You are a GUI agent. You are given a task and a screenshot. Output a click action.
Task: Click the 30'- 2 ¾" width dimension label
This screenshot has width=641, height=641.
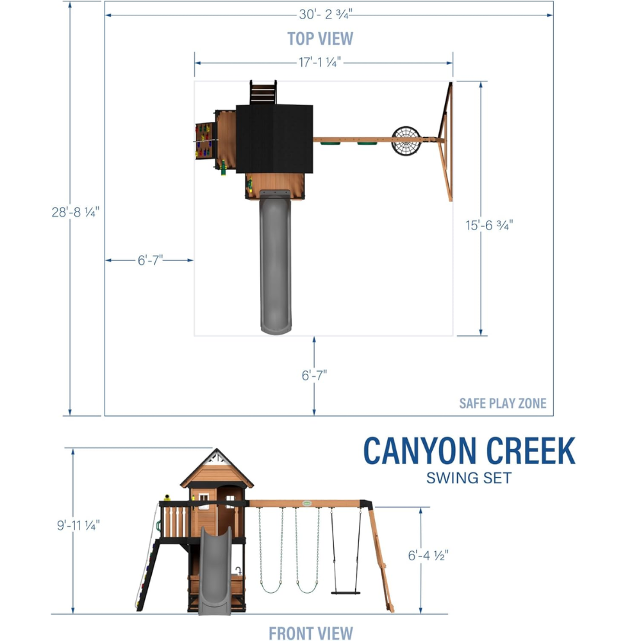(326, 14)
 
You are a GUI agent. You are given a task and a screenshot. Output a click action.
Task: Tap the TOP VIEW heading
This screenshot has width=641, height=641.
(320, 39)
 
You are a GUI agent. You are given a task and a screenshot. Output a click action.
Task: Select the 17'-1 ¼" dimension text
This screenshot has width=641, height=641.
(320, 62)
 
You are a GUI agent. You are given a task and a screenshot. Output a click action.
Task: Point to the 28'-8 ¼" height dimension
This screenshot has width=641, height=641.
(76, 212)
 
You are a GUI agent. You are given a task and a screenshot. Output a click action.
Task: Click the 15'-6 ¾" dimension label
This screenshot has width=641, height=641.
(489, 225)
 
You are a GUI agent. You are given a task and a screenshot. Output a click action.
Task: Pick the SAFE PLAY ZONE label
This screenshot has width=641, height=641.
(503, 403)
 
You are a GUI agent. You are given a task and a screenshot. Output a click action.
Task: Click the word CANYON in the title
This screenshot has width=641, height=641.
(420, 451)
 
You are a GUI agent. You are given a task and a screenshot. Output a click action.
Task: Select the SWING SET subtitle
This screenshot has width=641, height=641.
(469, 478)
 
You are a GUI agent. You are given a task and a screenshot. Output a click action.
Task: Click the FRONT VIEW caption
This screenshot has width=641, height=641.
(311, 633)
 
